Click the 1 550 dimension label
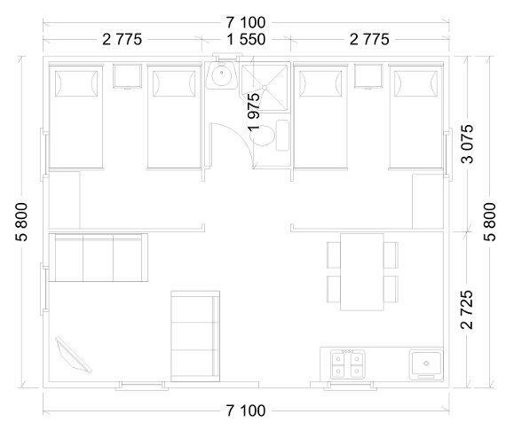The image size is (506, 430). point(246,39)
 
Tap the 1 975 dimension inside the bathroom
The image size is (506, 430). point(254,112)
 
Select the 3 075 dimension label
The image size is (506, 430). point(467,144)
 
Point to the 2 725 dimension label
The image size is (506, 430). point(467,309)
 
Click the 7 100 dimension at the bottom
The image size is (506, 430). point(246,410)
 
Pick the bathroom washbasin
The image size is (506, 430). point(222,75)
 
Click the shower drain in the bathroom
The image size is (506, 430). point(265,88)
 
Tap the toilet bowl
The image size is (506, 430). point(263,136)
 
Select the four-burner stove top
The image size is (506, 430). point(348,364)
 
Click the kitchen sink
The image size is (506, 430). point(426,365)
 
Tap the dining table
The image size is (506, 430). point(362,271)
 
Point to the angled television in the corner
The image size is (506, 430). point(74,356)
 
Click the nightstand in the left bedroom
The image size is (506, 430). point(127,76)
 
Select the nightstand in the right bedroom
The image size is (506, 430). point(368,76)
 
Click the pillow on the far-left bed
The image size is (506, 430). point(76,83)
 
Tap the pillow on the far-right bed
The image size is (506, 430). point(416,83)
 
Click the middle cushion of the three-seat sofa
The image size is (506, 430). point(99,258)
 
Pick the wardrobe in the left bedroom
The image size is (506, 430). point(64,200)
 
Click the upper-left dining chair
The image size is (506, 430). point(334,254)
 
